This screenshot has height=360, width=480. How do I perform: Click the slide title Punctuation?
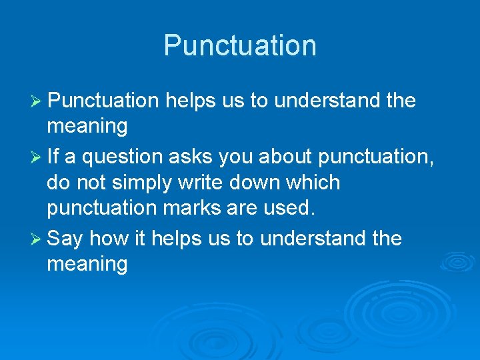[x=240, y=45]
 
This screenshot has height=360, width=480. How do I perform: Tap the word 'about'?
[x=288, y=156]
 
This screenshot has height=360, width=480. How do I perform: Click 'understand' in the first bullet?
[x=327, y=101]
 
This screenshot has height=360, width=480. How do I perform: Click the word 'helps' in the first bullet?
[x=189, y=101]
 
